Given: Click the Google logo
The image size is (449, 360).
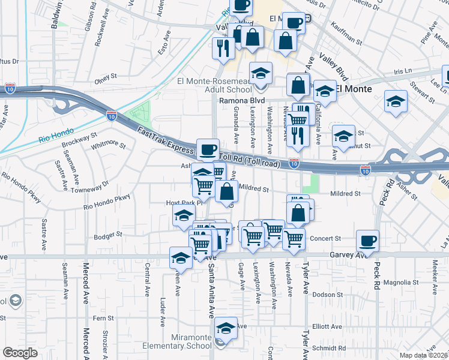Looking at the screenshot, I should point(20,353).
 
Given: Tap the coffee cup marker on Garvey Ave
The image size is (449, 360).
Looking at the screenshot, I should point(367,241).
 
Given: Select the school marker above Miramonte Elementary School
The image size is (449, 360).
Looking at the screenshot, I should point(226,328).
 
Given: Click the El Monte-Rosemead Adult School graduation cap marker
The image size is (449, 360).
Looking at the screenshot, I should point(261,73).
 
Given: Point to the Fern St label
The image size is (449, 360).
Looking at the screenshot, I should point(103,318).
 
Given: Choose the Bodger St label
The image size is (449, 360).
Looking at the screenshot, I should point(108,235).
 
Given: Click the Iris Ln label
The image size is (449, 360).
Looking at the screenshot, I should point(400,71).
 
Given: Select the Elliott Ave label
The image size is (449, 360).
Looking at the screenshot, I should point(328,327).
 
